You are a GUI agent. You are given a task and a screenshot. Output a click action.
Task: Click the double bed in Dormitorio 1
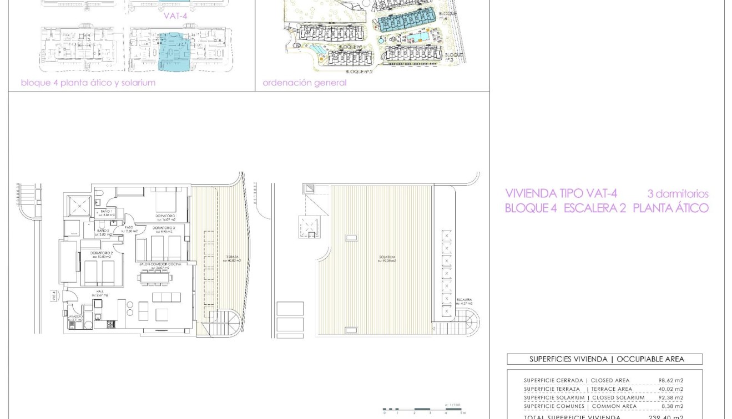coord(166,200)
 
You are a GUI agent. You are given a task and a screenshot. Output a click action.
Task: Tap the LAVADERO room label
coord(75,318)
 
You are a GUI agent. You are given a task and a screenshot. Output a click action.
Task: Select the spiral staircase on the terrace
coord(226,323)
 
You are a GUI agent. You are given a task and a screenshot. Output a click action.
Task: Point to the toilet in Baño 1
coord(98,195)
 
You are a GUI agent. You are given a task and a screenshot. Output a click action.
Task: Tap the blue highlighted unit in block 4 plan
coord(174,52)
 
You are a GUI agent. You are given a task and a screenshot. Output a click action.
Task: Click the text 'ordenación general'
coord(304,83)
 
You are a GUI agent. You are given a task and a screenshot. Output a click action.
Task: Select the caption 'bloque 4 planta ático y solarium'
coord(88,83)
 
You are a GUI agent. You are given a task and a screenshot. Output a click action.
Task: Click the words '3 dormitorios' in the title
coord(678,194)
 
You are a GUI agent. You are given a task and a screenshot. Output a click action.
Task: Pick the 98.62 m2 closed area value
coord(670,381)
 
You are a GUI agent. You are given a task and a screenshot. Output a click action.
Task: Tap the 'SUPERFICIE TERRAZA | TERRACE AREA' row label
coord(578,389)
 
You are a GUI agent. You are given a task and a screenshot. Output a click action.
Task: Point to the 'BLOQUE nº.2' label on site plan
coord(360,71)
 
